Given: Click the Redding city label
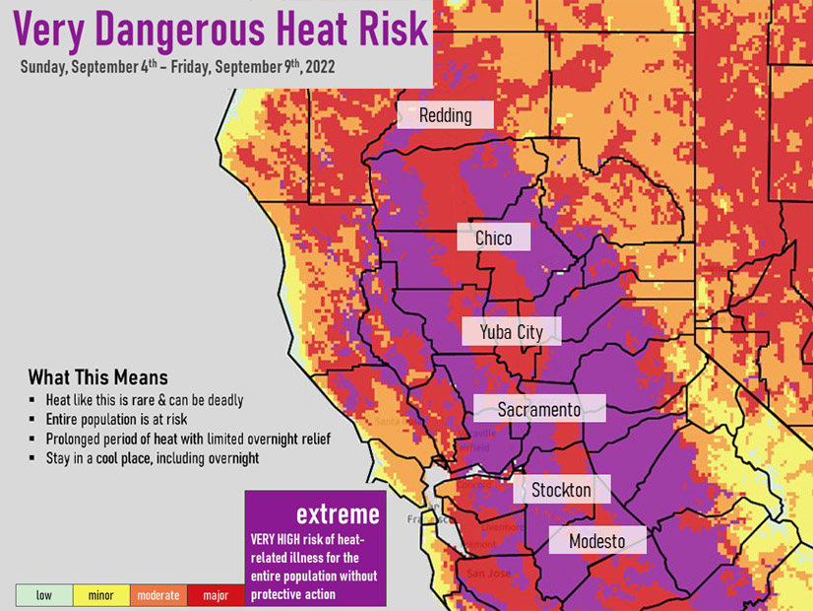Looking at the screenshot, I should pyautogui.click(x=445, y=115).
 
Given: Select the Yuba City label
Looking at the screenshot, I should pyautogui.click(x=511, y=332).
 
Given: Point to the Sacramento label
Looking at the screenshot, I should pyautogui.click(x=538, y=409).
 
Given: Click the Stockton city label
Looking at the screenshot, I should pyautogui.click(x=561, y=490).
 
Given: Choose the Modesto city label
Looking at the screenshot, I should pyautogui.click(x=596, y=541).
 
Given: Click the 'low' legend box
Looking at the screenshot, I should pyautogui.click(x=44, y=595).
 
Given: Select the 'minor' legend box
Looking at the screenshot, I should pyautogui.click(x=101, y=595).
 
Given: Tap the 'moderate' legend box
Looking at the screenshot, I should pyautogui.click(x=158, y=595).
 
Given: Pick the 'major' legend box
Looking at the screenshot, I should pyautogui.click(x=216, y=595).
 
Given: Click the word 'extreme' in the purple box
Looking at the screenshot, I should pyautogui.click(x=338, y=514).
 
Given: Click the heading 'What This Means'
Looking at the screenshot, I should pyautogui.click(x=97, y=377).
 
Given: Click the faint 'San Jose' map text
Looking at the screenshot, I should pyautogui.click(x=488, y=574).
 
